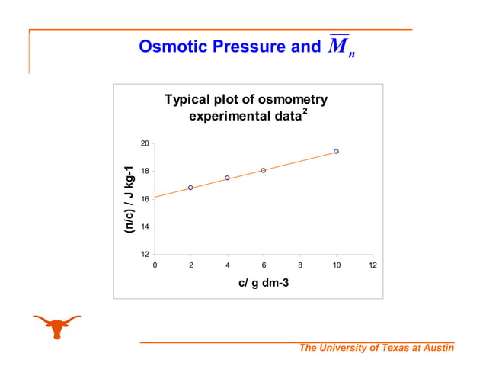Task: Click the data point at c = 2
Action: click(x=190, y=188)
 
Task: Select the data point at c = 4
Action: click(x=227, y=178)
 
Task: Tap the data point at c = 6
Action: click(x=264, y=170)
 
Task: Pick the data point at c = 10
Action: click(x=336, y=152)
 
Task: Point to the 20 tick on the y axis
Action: click(x=144, y=143)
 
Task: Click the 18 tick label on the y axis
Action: click(x=144, y=172)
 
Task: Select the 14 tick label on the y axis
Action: click(x=144, y=227)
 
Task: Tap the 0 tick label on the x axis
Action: click(x=155, y=265)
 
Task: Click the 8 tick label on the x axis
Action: click(x=300, y=265)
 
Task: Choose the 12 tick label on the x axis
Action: click(x=372, y=265)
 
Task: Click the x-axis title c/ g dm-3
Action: click(x=263, y=283)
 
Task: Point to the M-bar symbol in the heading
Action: click(x=339, y=47)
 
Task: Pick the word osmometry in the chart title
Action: click(x=292, y=100)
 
